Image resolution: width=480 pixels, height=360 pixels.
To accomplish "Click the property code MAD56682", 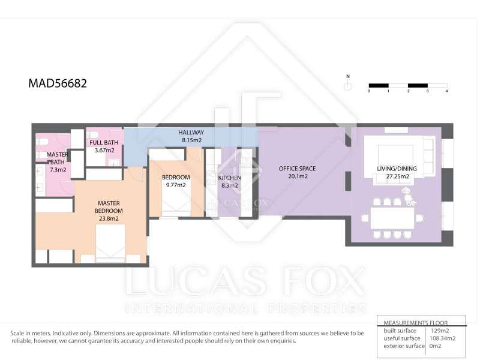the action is pyautogui.click(x=58, y=83).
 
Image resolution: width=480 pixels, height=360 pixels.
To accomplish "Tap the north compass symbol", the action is pyautogui.click(x=348, y=84).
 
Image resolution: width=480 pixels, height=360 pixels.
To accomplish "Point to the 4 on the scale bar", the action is pyautogui.click(x=446, y=91).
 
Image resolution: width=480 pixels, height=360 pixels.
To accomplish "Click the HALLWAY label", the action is pyautogui.click(x=191, y=133).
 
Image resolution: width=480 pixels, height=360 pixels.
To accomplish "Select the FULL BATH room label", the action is pyautogui.click(x=104, y=143).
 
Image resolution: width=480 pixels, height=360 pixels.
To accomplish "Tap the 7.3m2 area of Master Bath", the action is pyautogui.click(x=58, y=170).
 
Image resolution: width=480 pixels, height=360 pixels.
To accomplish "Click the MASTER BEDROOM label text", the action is pyautogui.click(x=109, y=207).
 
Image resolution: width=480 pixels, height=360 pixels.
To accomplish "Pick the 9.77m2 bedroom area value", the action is pyautogui.click(x=176, y=185).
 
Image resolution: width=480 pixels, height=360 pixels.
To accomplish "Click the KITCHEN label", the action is pyautogui.click(x=229, y=178).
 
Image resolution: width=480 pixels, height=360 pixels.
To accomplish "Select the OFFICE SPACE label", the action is pyautogui.click(x=297, y=169).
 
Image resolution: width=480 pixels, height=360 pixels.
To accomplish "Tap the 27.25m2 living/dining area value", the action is pyautogui.click(x=397, y=176).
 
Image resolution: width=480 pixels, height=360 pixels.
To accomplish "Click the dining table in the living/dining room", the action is pyautogui.click(x=392, y=218).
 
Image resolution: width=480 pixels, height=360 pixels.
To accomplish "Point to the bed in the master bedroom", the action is pyautogui.click(x=110, y=244).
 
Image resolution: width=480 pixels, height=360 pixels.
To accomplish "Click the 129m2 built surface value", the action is pyautogui.click(x=440, y=331).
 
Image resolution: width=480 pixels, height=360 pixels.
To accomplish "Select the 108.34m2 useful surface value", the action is pyautogui.click(x=442, y=338).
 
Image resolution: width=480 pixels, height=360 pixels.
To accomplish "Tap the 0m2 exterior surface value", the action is pyautogui.click(x=436, y=346).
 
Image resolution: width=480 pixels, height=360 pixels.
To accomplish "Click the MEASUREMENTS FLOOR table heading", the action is pyautogui.click(x=415, y=323).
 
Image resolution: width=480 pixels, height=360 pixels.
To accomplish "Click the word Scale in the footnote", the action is pyautogui.click(x=16, y=334).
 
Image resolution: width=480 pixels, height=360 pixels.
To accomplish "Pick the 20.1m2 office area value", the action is pyautogui.click(x=298, y=176).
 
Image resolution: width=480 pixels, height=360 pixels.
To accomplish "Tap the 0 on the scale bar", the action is pyautogui.click(x=368, y=91).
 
